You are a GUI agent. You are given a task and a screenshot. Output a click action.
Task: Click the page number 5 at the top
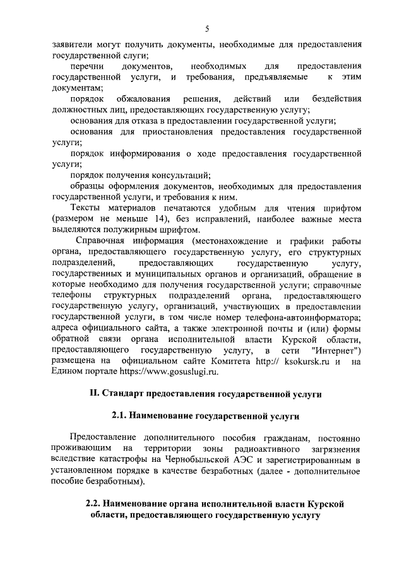(x=206, y=28)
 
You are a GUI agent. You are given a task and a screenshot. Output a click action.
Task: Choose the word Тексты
(x=86, y=208)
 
